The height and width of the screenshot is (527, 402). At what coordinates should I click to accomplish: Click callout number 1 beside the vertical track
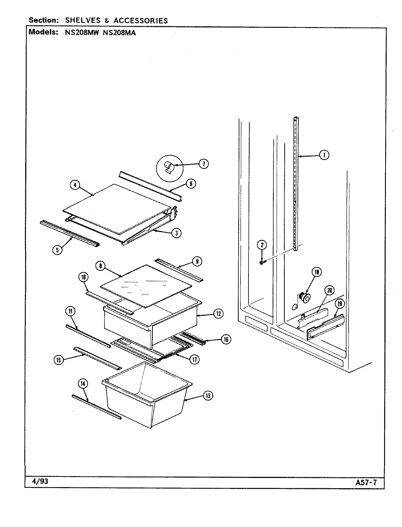coord(323,155)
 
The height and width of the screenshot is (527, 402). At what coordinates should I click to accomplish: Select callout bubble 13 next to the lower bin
coord(208,396)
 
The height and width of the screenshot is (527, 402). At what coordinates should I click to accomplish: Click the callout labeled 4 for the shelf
coord(75,185)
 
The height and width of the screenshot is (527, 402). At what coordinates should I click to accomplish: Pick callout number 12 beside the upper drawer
coord(219,313)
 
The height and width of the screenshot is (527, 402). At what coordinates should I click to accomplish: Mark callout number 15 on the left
coord(58,360)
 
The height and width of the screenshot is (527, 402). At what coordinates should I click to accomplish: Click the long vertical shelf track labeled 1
coord(296,183)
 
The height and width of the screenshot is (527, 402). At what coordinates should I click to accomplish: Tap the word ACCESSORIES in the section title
coord(140,20)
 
